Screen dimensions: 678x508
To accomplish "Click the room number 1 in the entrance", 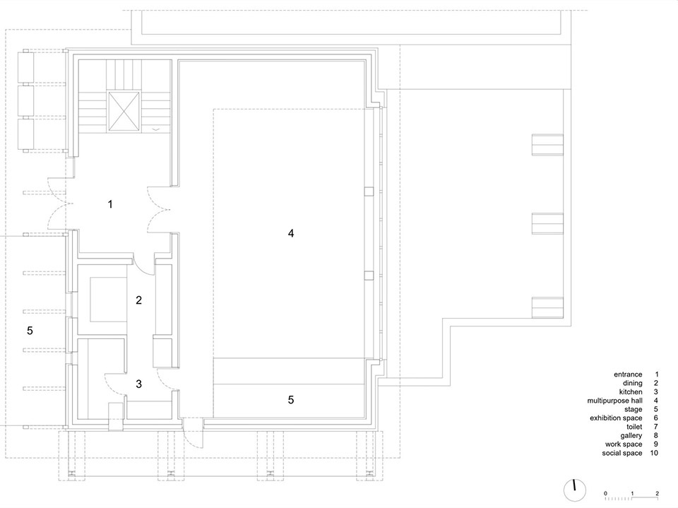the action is pyautogui.click(x=110, y=204).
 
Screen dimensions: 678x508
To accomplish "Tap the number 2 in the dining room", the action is pyautogui.click(x=139, y=300).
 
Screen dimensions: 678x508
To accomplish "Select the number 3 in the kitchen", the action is pyautogui.click(x=139, y=384).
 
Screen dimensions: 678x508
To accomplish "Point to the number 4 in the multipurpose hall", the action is pyautogui.click(x=291, y=233).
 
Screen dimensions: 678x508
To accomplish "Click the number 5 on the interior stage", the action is pyautogui.click(x=291, y=400).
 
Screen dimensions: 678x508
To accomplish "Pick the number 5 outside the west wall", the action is pyautogui.click(x=30, y=331).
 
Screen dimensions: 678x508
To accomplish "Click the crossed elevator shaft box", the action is pyautogui.click(x=124, y=111).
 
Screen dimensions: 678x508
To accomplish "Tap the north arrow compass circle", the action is pyautogui.click(x=575, y=490).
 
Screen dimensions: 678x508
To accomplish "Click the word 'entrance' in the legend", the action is pyautogui.click(x=628, y=374).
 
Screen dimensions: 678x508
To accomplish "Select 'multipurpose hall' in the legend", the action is pyautogui.click(x=614, y=401).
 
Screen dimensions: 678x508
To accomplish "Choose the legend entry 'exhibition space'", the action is pyautogui.click(x=616, y=418).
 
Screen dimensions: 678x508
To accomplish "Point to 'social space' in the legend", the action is pyautogui.click(x=622, y=453).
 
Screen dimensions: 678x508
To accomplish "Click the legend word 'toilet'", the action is pyautogui.click(x=634, y=427).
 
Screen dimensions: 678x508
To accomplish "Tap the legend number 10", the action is pyautogui.click(x=654, y=453).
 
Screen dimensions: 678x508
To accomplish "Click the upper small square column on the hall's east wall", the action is pyautogui.click(x=369, y=191).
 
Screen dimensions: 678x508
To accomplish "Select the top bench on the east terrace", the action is pyautogui.click(x=547, y=145).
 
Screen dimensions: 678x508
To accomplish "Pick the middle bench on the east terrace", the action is pyautogui.click(x=547, y=223).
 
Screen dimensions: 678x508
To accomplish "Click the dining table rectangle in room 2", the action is pyautogui.click(x=108, y=300).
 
